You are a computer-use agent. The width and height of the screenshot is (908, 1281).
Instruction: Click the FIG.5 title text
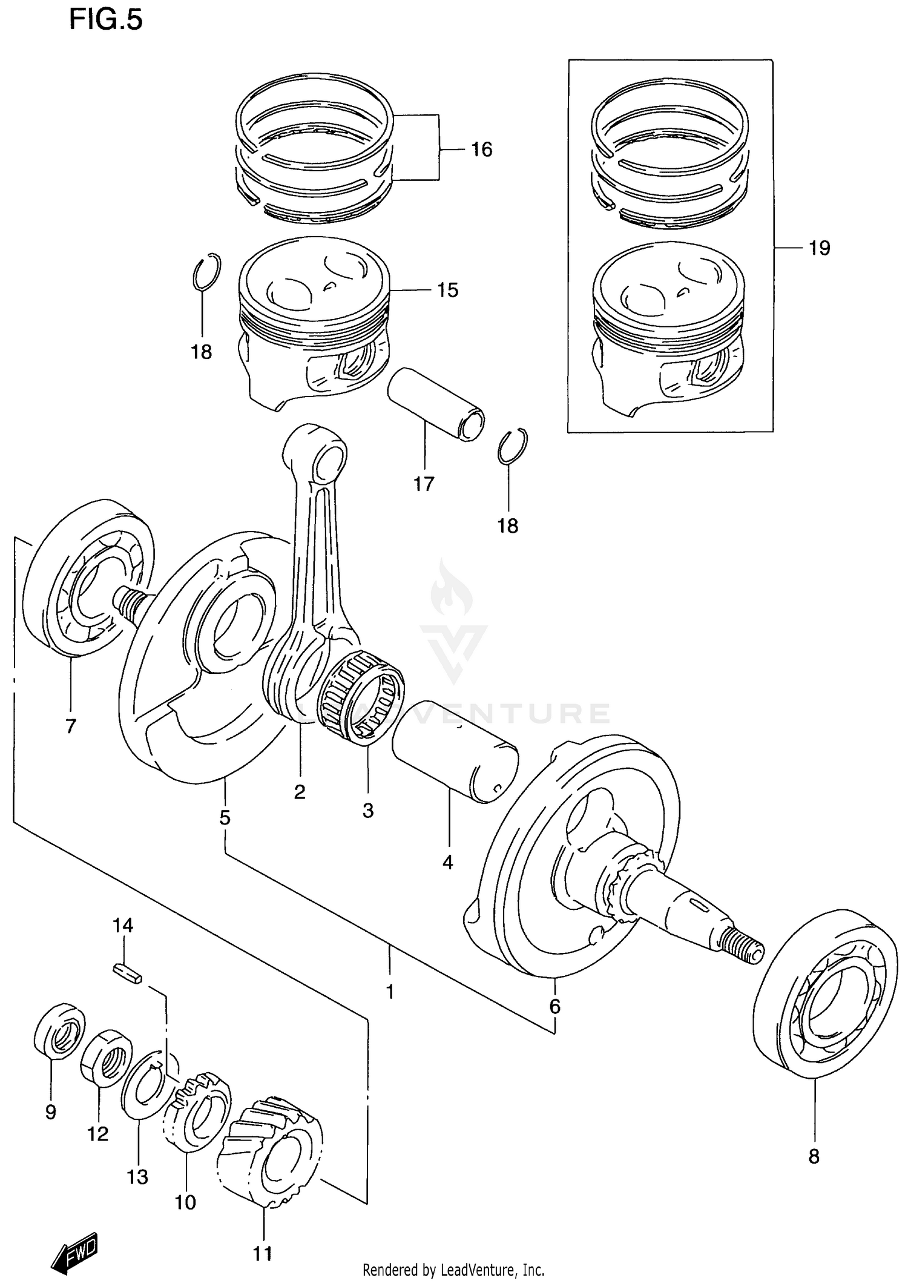click(105, 19)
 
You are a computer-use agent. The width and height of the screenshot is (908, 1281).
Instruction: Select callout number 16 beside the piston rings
click(481, 150)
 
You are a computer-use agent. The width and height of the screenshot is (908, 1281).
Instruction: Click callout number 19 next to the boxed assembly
click(819, 248)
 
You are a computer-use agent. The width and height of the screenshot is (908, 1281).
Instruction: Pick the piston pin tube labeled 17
click(435, 404)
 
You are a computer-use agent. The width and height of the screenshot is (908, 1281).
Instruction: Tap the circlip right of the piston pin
click(513, 447)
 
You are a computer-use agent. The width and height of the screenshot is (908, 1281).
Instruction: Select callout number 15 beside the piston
click(447, 291)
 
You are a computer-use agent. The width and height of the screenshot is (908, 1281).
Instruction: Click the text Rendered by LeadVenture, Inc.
click(453, 1270)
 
